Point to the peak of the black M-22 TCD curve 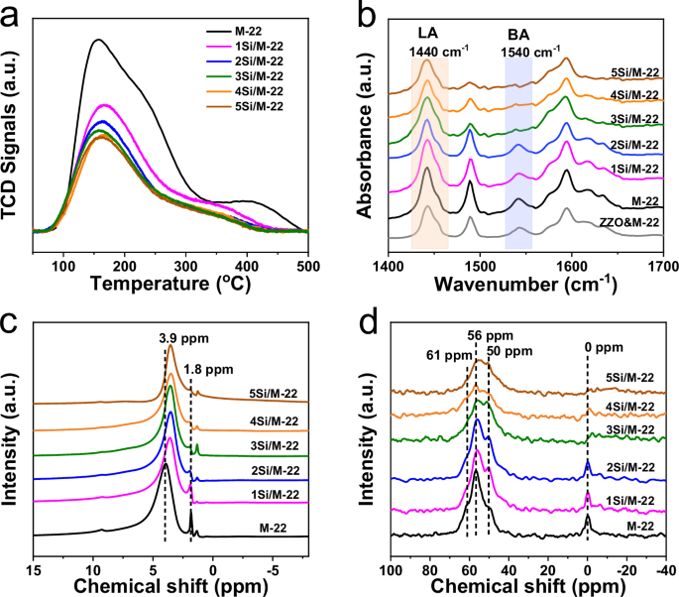(97, 41)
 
